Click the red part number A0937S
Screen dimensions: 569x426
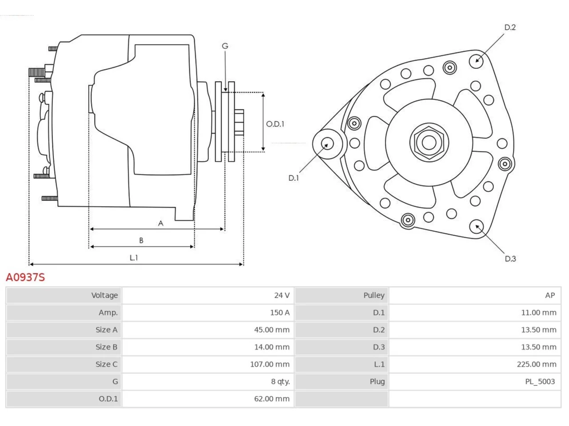[25, 277]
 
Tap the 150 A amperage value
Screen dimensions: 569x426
[280, 312]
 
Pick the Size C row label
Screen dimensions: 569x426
[106, 364]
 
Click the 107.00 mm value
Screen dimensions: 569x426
[269, 364]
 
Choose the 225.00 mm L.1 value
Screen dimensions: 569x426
[537, 364]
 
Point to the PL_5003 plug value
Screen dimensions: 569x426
[540, 382]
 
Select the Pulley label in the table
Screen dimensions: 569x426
[374, 296]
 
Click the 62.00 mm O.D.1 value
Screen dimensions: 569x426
[272, 398]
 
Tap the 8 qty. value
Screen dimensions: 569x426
[280, 382]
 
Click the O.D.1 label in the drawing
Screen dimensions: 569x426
[275, 124]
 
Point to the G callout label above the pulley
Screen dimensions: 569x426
[225, 46]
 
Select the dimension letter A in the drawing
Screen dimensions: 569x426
[161, 223]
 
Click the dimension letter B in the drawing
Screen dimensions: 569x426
[141, 241]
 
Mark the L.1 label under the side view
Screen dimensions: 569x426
[134, 258]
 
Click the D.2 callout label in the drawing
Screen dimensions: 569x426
[510, 27]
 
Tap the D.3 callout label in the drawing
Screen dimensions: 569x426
[510, 259]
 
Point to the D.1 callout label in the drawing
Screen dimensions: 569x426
[293, 178]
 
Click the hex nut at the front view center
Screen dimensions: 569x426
[429, 142]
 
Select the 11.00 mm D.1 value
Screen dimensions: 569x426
[539, 312]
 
